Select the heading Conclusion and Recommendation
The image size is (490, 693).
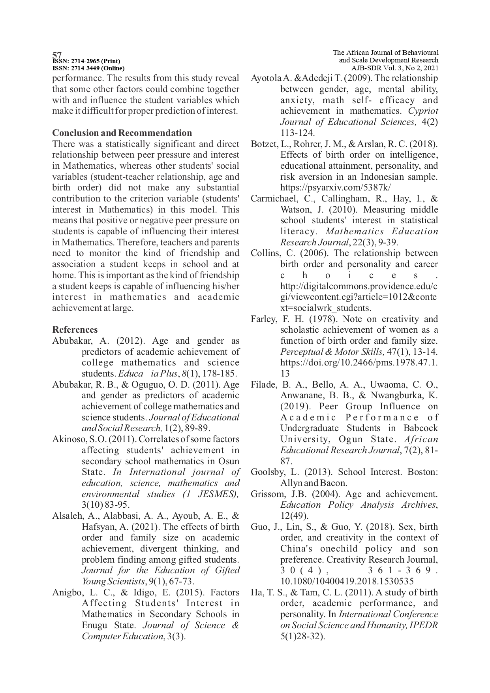pos(122,133)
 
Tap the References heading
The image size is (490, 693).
pos(75,330)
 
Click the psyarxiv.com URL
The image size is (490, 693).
pos(336,188)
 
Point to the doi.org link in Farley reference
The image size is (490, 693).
pos(359,362)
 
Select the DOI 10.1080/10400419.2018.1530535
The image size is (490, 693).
pos(347,581)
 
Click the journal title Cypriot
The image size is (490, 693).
pos(423,111)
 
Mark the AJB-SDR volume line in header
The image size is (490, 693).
pos(394,68)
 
